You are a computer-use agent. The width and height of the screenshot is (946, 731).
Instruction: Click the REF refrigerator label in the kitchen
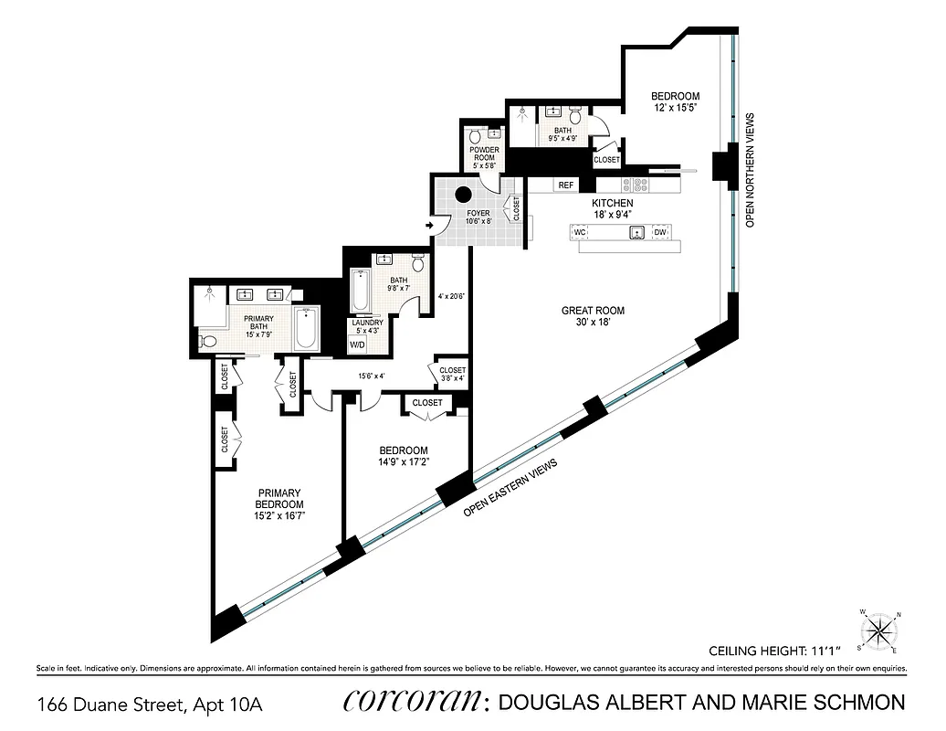[566, 185]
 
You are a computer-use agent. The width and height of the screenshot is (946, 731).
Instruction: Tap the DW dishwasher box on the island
[660, 233]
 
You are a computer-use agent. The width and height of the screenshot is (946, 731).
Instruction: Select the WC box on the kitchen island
[579, 233]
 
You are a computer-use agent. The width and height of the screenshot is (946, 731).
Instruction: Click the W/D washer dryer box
[357, 345]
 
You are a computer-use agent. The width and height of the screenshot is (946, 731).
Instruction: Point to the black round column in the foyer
[464, 195]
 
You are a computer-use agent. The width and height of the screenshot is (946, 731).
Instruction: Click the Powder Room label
[483, 154]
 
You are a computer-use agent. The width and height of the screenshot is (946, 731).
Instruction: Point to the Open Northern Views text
[750, 170]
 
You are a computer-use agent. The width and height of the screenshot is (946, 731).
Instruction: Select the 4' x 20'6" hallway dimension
[451, 295]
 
